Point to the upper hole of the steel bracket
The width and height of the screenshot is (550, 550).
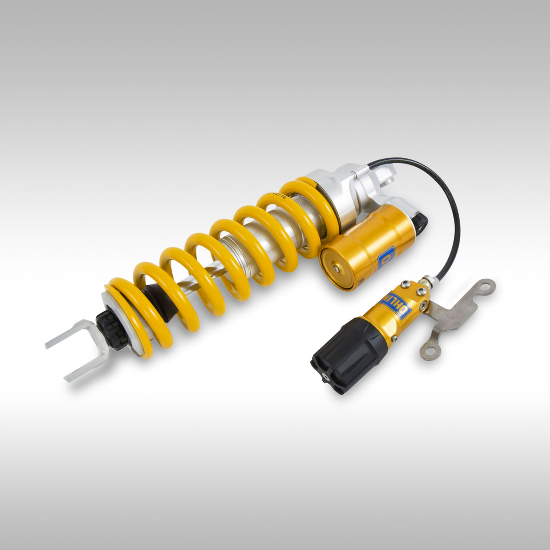[489, 286]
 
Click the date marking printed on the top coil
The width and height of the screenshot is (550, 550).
[278, 196]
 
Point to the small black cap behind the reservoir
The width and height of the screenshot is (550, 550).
[420, 221]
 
